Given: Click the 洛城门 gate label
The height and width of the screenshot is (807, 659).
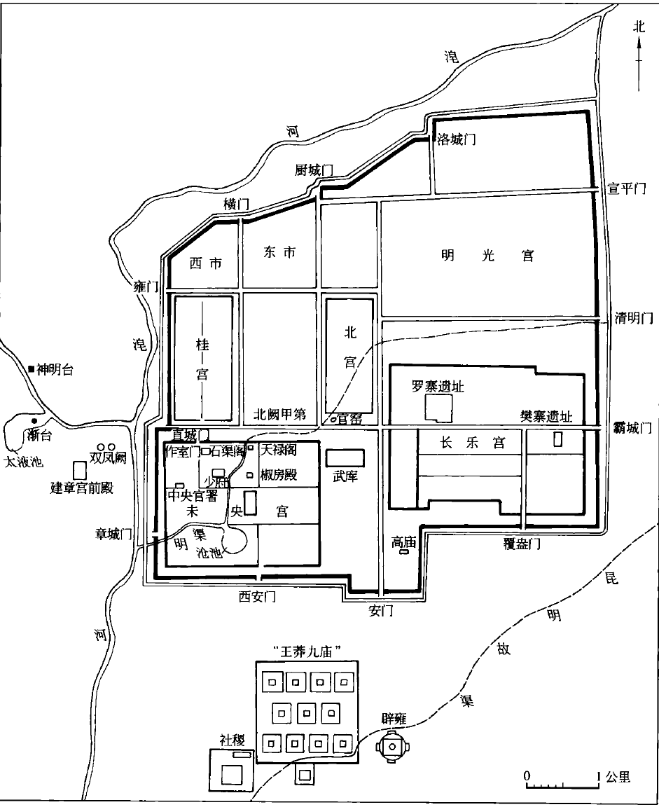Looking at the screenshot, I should click(x=456, y=139).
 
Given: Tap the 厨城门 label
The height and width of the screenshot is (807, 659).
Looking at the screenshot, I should click(x=313, y=171).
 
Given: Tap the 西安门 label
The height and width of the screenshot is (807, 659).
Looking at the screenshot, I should click(x=257, y=596).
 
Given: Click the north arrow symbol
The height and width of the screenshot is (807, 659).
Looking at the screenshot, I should click(x=638, y=60).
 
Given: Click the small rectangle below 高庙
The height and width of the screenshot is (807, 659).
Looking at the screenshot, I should click(x=403, y=553).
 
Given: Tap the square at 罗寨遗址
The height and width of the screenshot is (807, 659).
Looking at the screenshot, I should click(x=438, y=408).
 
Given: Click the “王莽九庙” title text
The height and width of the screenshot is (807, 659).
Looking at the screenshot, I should click(x=306, y=651).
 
